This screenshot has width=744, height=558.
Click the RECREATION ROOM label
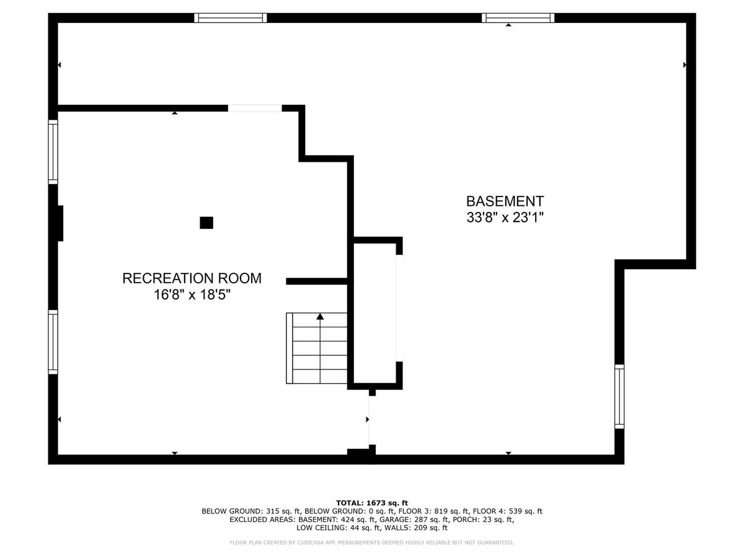click(192, 278)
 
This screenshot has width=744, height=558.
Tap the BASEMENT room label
click(505, 201)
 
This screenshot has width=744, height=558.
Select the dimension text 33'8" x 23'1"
click(505, 218)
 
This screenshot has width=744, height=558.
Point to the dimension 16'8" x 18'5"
click(192, 294)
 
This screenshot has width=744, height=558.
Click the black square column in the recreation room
click(206, 223)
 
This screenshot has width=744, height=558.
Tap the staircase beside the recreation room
click(317, 348)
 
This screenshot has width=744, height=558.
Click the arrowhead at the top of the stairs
click(320, 316)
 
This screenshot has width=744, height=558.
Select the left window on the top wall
click(231, 18)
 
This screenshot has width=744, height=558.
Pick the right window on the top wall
click(518, 18)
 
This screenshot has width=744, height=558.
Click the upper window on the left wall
click(53, 152)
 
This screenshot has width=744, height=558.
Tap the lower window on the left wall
click(53, 342)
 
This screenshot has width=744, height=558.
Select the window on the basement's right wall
click(619, 396)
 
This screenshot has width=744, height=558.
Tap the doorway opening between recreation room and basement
click(372, 420)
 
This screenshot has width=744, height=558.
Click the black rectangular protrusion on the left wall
click(60, 223)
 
